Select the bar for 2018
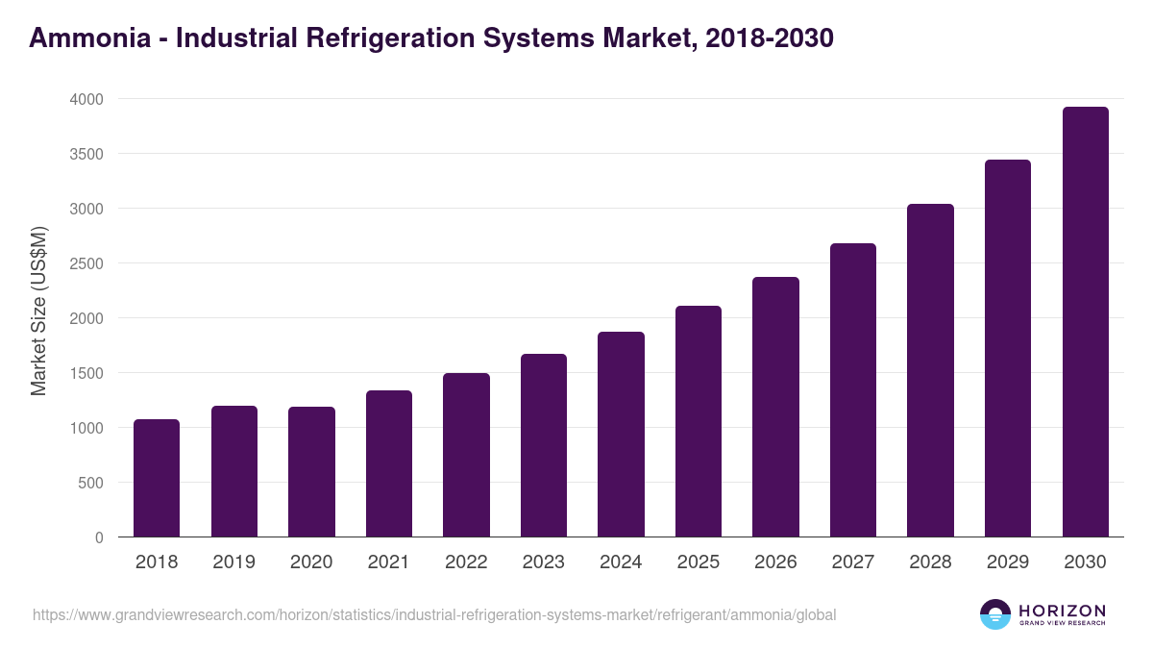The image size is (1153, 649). coord(157,478)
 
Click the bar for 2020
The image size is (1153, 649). coord(311,471)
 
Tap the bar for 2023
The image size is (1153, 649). coord(544,445)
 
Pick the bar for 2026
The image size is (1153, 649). coord(775,407)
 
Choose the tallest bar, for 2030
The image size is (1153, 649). coord(1085,322)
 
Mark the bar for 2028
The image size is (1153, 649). coord(930,370)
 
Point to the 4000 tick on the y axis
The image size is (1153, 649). coord(86,99)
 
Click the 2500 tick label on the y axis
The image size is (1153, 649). coord(86,263)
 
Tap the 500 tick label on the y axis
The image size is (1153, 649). coord(90,483)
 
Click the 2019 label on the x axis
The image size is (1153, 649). coord(233,562)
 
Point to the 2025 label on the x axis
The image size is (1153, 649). coord(698,562)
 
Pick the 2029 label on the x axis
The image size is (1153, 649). coord(1008,562)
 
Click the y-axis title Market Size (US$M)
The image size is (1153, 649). coord(38,312)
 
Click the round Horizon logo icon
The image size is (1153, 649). coord(995,614)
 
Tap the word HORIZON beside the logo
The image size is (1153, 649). coord(1062,610)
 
